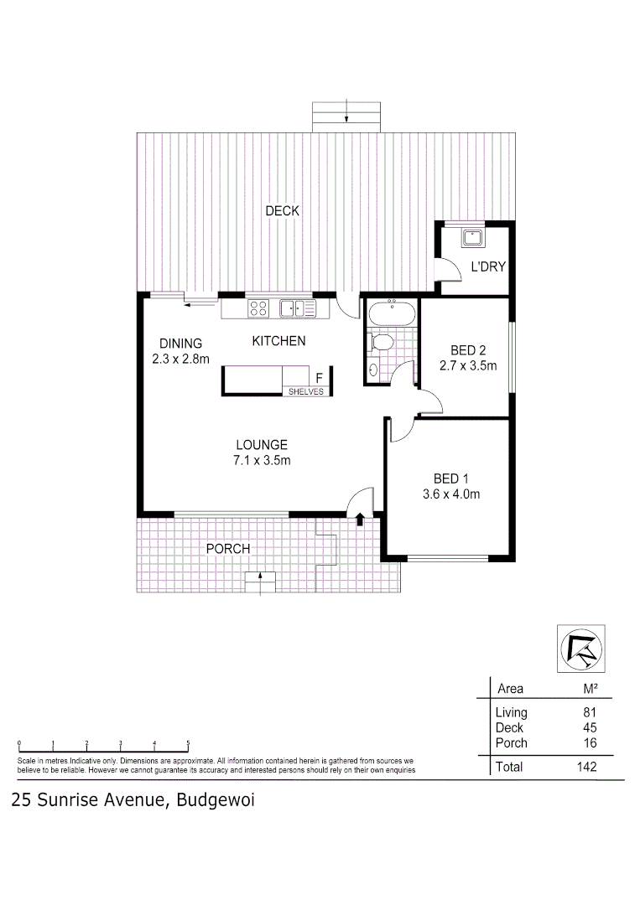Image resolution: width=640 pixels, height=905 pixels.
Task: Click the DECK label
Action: coord(282,211)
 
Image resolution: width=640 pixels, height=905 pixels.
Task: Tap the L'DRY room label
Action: coord(487,268)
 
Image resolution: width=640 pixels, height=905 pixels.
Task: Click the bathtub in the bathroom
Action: coord(391,314)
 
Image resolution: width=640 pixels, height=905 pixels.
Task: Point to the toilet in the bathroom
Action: coord(382,343)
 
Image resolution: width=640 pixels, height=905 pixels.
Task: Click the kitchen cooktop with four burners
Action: coord(258,309)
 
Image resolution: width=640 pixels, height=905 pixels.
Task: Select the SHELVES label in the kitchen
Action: coord(305,391)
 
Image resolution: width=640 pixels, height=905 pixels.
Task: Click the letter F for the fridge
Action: coord(318,378)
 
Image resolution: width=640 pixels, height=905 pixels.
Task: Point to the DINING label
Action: coord(181,343)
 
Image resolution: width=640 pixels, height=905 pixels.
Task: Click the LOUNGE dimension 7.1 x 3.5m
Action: coord(262,460)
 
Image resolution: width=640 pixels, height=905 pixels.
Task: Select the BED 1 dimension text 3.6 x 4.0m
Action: coord(451,494)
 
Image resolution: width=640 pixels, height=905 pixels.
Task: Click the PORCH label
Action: coord(228,549)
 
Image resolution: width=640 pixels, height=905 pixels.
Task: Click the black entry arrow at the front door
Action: coord(360,520)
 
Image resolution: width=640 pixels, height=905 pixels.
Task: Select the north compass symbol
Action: coord(580,649)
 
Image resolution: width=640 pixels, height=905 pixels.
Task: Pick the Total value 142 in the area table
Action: coord(586,767)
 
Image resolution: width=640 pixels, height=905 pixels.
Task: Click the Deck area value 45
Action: coord(590,727)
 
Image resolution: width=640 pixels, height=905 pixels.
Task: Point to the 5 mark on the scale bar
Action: coord(188,742)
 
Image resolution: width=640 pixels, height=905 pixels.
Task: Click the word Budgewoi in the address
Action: coord(215,800)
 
